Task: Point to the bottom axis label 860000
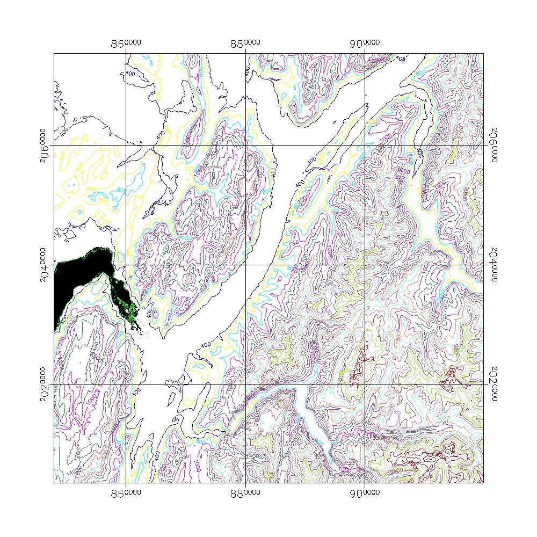coord(126,492)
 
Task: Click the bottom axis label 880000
coord(246,492)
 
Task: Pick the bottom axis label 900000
coord(366,492)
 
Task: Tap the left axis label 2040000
coord(44,265)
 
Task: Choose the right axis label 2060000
coord(492,145)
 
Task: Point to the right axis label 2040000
coord(492,265)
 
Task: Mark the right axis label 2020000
coord(492,384)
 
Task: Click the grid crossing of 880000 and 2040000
coord(246,265)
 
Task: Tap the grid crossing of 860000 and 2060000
coord(126,145)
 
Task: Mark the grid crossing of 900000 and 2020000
coord(365,384)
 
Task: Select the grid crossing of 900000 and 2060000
coord(365,145)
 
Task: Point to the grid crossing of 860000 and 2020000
coord(126,384)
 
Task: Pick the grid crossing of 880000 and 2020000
coord(246,384)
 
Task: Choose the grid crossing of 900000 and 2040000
coord(365,265)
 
